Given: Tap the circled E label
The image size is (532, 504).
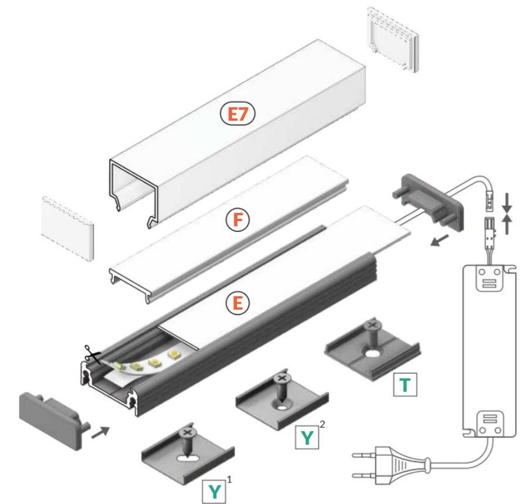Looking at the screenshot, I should coord(238,303).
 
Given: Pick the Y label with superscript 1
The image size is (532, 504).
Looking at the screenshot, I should coord(216,490).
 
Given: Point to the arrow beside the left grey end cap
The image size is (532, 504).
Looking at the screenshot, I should coord(99,433).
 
